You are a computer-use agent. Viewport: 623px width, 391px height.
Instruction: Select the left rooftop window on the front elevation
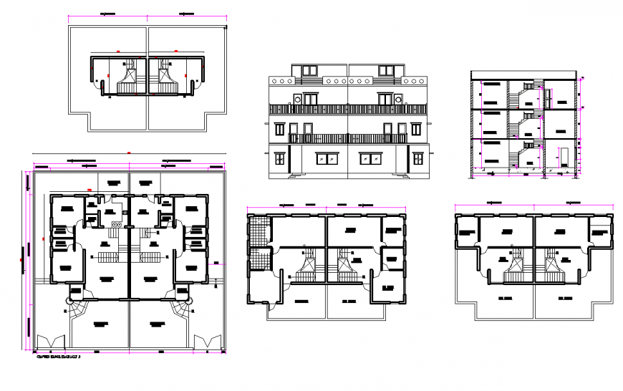(310, 70)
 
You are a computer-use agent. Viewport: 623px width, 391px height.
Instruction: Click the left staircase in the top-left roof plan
(130, 75)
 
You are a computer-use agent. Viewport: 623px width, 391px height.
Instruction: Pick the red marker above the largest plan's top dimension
(129, 152)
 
